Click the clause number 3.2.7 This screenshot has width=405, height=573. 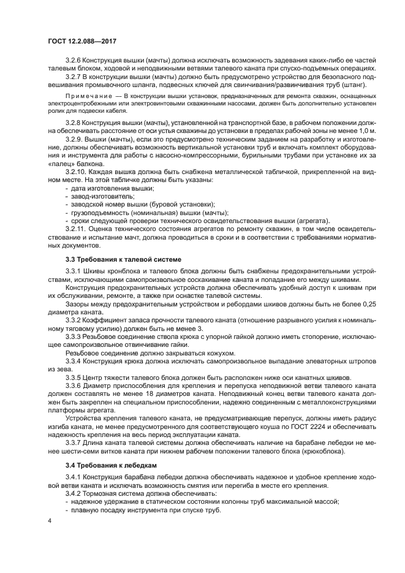click(x=74, y=77)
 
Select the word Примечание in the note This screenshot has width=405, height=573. click(x=85, y=97)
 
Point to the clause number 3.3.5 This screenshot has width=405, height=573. click(x=74, y=378)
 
